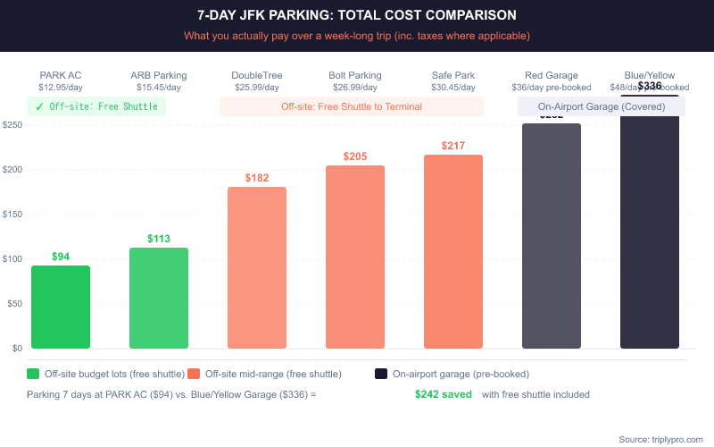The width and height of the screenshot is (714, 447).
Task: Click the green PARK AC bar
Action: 61,307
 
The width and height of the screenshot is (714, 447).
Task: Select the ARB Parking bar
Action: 159,298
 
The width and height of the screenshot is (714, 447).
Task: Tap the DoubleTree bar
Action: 257,267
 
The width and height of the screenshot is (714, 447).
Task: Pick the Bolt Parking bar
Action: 355,257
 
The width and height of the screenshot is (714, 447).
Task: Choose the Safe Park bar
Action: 453,251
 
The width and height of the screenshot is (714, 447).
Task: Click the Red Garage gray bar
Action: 552,236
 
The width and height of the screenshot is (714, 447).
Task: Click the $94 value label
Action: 61,257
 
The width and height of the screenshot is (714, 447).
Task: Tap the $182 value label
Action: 257,178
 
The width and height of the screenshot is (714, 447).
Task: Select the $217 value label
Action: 453,146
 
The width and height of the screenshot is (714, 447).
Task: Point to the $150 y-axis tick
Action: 12,215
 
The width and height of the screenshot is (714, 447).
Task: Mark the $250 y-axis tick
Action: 12,125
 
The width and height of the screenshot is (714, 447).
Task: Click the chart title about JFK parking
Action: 357,16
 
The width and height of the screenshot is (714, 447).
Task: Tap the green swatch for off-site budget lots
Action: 33,374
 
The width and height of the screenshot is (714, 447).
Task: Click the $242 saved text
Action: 443,394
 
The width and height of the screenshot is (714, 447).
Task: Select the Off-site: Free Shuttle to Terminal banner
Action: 352,106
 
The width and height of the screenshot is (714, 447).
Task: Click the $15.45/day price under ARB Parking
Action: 159,88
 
